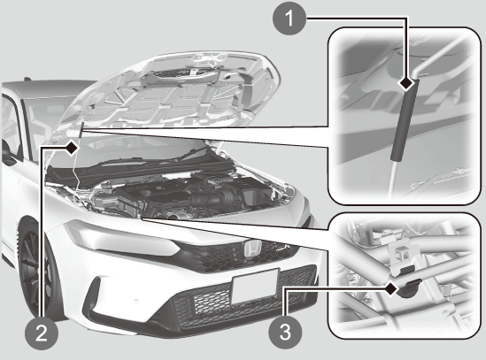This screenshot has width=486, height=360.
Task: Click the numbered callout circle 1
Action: (x=289, y=19)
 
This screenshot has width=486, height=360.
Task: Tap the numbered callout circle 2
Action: (x=42, y=333)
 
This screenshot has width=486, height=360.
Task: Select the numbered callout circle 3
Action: (x=285, y=332)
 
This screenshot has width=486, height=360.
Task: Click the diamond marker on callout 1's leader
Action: (x=406, y=84)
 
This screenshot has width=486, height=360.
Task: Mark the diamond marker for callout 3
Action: (x=391, y=289)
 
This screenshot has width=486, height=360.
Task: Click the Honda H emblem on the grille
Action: (x=251, y=249)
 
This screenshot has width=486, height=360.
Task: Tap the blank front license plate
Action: (x=255, y=287)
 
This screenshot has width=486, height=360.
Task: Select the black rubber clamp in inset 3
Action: (x=409, y=287)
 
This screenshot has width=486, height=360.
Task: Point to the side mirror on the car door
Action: (x=8, y=155)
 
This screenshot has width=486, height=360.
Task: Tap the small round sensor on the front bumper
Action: (x=135, y=301)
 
